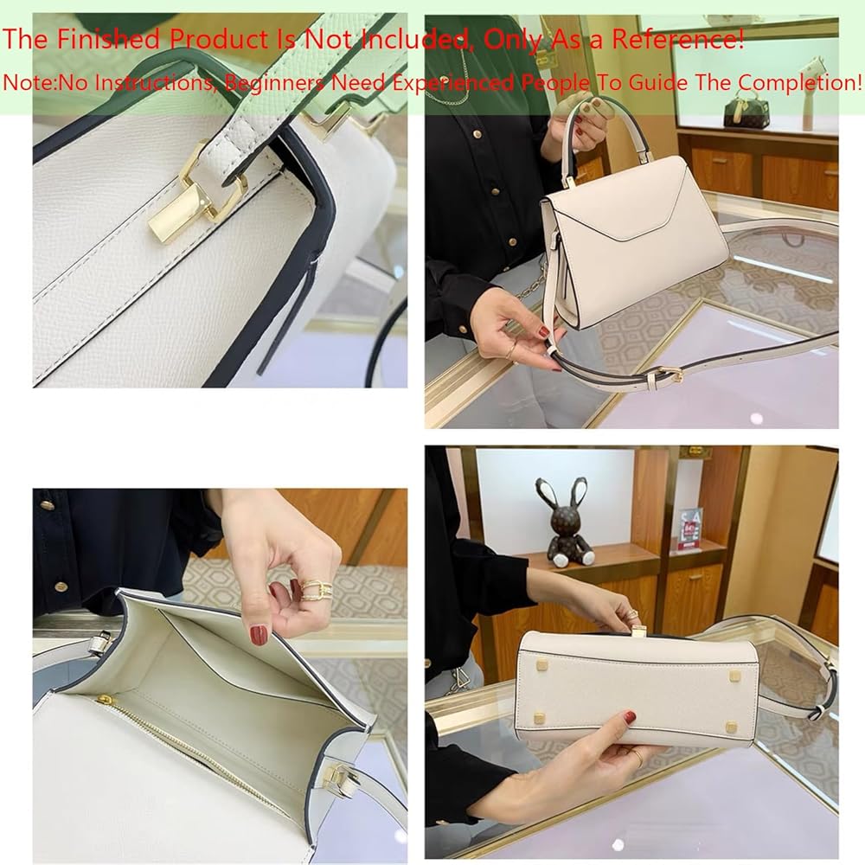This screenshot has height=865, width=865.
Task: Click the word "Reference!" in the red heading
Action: (678, 39)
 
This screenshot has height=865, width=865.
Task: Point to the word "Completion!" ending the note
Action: (800, 83)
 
